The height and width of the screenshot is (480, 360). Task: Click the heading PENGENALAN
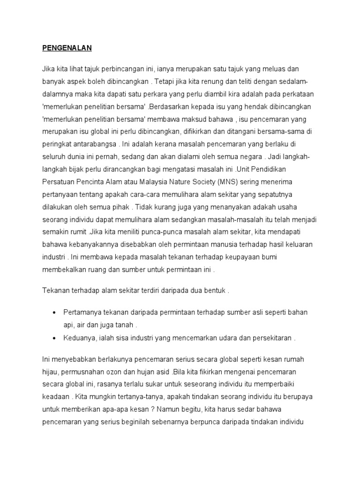pos(67,48)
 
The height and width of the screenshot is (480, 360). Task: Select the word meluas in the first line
pos(281,68)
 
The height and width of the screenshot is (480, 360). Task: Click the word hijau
pos(50,372)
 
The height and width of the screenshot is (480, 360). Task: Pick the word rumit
pos(77,232)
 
